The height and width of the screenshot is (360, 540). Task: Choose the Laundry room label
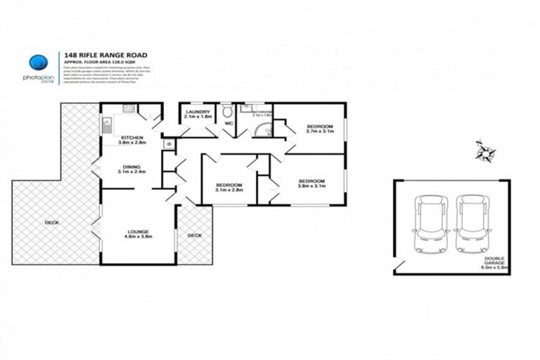(x=198, y=115)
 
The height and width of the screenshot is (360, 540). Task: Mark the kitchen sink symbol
(x=106, y=126)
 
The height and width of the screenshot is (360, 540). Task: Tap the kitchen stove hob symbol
(x=129, y=109)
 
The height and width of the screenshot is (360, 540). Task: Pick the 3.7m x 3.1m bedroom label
(x=321, y=128)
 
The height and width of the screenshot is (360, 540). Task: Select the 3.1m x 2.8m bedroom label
(x=229, y=189)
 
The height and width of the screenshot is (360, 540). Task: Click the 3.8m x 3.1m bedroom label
(x=311, y=183)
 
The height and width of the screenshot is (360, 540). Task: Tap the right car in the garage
(x=470, y=223)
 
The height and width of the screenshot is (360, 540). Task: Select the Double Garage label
(x=492, y=262)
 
